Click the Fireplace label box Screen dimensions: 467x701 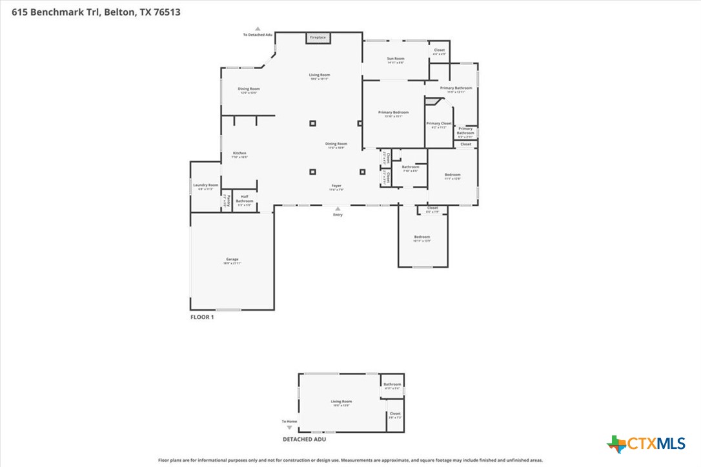click(318, 37)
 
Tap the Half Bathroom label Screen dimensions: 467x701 click(245, 199)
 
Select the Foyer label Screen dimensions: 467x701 click(336, 187)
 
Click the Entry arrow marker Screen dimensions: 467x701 click(337, 209)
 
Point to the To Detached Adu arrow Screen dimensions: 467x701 click(257, 29)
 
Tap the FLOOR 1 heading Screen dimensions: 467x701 click(202, 317)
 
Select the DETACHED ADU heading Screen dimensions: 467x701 click(305, 439)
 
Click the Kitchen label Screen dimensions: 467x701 click(239, 154)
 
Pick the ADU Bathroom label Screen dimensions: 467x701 click(392, 386)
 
